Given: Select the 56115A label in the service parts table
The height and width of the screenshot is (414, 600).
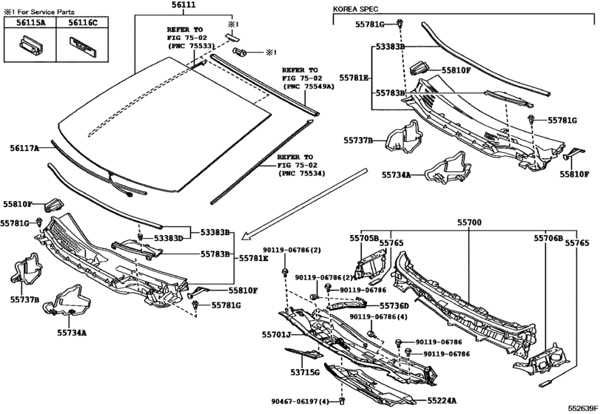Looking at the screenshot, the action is (x=30, y=23).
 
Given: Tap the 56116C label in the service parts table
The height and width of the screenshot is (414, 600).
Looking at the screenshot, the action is (x=83, y=23).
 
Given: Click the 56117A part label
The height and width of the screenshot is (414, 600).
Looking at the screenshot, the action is (x=24, y=149).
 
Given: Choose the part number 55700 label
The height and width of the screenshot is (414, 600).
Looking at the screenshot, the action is (x=470, y=223).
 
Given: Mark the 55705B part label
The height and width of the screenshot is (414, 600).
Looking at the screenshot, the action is (x=363, y=238).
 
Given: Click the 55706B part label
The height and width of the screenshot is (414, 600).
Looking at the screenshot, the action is (x=548, y=239).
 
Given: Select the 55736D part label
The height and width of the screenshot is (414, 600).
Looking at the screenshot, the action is (x=394, y=306).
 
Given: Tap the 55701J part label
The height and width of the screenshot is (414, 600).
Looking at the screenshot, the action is (x=277, y=335).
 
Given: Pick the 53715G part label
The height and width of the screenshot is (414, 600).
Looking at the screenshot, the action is (x=305, y=372).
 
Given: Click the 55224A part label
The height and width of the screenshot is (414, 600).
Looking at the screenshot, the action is (x=442, y=401).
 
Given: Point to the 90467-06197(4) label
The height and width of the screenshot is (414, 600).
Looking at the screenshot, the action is (x=300, y=401).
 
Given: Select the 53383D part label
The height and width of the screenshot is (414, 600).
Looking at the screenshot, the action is (x=169, y=239).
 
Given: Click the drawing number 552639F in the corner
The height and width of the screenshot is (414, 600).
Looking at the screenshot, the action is (x=582, y=408).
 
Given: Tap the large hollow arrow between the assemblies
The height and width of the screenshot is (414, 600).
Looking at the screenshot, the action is (x=305, y=205).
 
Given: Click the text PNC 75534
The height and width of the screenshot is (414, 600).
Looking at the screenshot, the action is (x=300, y=174).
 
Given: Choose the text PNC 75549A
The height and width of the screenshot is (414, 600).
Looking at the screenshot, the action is (x=309, y=86).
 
